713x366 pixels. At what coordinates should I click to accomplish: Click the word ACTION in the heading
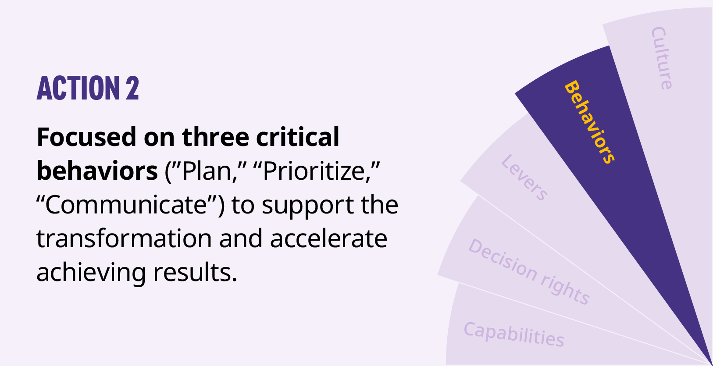click(78, 88)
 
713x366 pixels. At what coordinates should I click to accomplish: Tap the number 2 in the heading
click(132, 88)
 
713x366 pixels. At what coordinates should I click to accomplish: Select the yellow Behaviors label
click(590, 122)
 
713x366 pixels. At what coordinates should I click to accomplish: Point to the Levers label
click(524, 178)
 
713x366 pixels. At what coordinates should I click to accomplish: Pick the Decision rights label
click(529, 271)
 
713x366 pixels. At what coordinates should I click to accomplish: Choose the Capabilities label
click(514, 334)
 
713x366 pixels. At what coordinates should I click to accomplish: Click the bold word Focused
click(86, 137)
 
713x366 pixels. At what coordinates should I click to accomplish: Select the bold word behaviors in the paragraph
click(97, 171)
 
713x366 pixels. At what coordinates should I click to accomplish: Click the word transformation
click(124, 239)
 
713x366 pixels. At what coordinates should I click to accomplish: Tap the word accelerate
click(329, 239)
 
